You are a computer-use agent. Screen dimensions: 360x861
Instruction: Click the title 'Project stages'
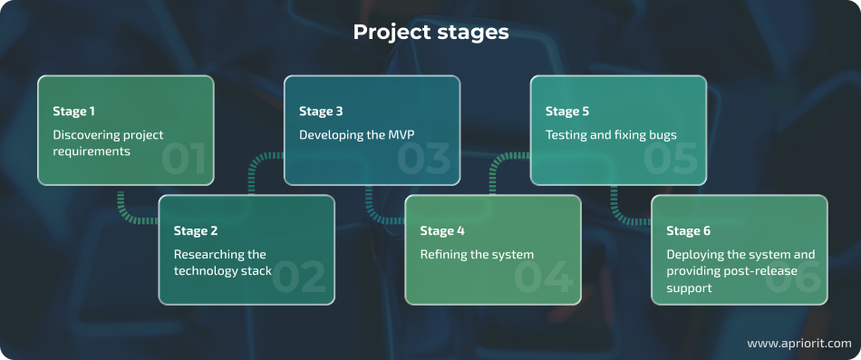(x=430, y=33)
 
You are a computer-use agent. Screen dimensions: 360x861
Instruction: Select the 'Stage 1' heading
(x=74, y=112)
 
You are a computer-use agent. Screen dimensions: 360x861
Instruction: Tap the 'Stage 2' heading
(x=196, y=231)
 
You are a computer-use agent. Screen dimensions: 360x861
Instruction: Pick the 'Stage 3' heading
(x=321, y=112)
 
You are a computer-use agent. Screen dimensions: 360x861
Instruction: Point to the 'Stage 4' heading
(x=442, y=231)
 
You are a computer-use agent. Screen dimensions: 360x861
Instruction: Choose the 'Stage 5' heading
(x=567, y=112)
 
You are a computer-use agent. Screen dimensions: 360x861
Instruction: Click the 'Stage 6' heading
(x=689, y=231)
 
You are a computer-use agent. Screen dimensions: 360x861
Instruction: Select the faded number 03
(x=424, y=160)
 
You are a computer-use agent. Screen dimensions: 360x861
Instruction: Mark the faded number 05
(x=672, y=160)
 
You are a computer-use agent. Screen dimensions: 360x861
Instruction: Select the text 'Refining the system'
(x=477, y=255)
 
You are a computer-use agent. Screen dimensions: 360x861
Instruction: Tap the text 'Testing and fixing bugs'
(x=611, y=135)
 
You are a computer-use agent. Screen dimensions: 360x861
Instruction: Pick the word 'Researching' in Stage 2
(x=207, y=255)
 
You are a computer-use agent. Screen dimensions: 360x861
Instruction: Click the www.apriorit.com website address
(x=798, y=344)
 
